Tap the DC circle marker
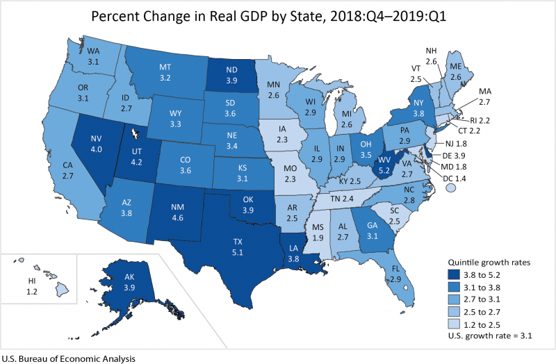(x=451, y=188)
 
